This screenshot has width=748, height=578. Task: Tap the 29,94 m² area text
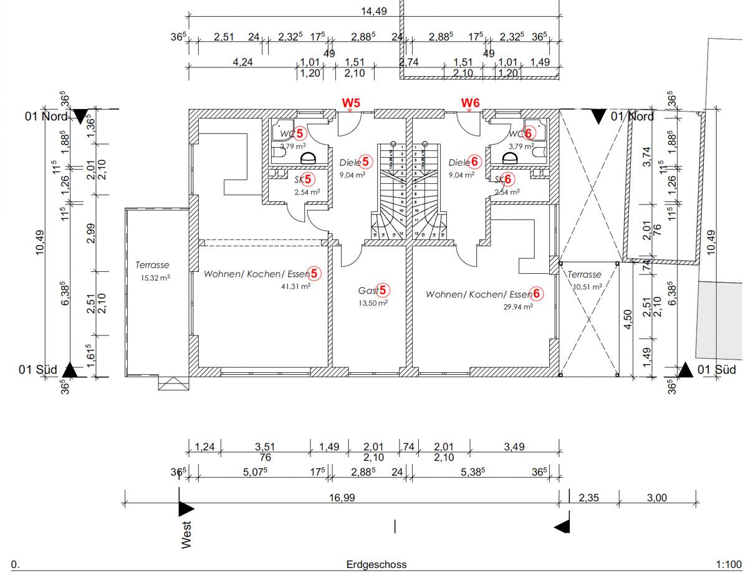tap(518, 306)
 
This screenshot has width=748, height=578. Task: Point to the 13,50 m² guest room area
tap(373, 303)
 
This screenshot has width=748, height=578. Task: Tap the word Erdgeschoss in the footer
tap(376, 564)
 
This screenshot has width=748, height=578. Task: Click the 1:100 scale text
tap(729, 564)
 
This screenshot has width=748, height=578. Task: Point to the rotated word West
tap(186, 534)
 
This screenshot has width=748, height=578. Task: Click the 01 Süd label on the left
tap(38, 370)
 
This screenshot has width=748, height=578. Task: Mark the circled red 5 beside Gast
tap(383, 290)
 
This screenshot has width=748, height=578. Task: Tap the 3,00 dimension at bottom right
tap(657, 498)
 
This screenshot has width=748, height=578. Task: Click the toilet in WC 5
tap(306, 158)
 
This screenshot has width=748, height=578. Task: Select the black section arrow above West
tap(186, 508)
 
